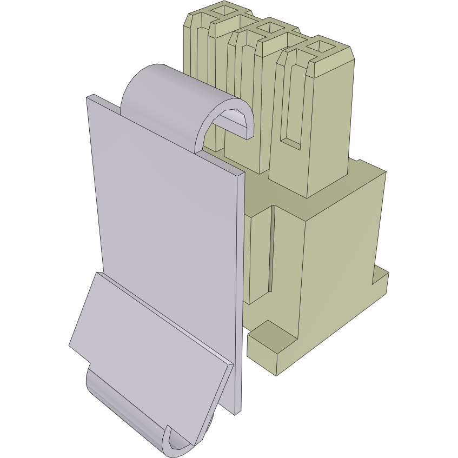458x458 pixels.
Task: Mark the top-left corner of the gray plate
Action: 88,98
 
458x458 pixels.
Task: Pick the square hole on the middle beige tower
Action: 267,27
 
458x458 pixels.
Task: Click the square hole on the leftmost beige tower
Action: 222,9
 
